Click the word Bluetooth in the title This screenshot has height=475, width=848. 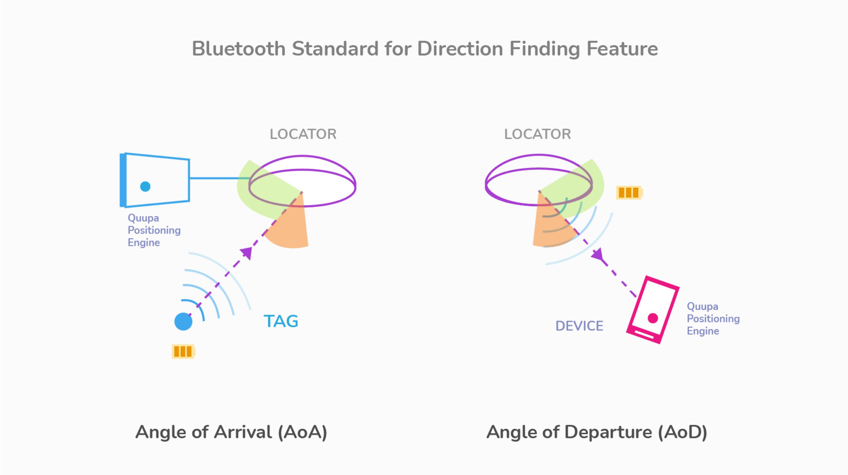click(239, 49)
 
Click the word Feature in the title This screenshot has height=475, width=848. click(622, 49)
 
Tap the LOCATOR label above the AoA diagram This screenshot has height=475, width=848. click(303, 134)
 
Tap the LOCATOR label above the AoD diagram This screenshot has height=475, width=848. click(538, 134)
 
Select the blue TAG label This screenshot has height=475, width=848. click(281, 321)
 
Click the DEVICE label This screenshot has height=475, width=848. click(579, 326)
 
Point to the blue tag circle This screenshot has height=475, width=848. click(183, 322)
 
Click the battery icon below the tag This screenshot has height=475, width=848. click(183, 351)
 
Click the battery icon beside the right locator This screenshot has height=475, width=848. click(629, 192)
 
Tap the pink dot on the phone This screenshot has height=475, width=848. click(653, 318)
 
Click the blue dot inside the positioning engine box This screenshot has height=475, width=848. click(145, 187)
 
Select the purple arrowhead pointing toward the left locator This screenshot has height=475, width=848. click(247, 253)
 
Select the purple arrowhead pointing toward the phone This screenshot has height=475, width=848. click(598, 254)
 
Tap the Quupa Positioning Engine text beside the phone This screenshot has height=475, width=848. click(713, 319)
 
